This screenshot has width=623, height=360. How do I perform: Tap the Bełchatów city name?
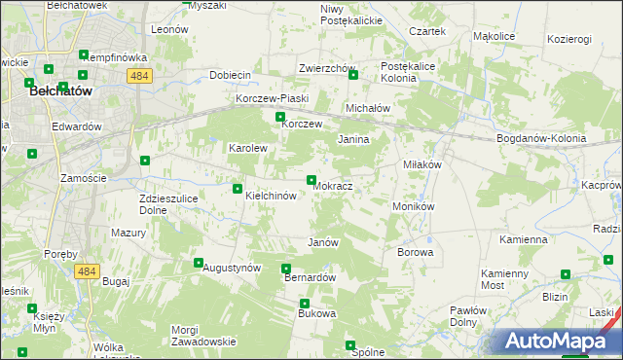click(60, 90)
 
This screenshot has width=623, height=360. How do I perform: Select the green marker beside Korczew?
click(280, 117)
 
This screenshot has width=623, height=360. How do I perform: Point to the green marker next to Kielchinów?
click(238, 189)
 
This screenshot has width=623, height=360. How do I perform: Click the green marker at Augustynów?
click(199, 263)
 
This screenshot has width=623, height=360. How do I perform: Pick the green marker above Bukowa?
click(304, 304)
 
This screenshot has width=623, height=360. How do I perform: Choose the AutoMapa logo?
click(561, 341)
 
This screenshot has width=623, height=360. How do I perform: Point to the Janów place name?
click(322, 242)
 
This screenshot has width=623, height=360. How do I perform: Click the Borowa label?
click(415, 252)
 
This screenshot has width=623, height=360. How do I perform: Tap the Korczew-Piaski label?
click(272, 99)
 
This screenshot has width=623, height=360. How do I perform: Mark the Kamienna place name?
click(524, 238)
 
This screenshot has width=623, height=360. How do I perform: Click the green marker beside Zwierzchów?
click(353, 75)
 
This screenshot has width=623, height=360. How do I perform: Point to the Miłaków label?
click(422, 164)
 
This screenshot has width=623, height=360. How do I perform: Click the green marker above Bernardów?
click(286, 269)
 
